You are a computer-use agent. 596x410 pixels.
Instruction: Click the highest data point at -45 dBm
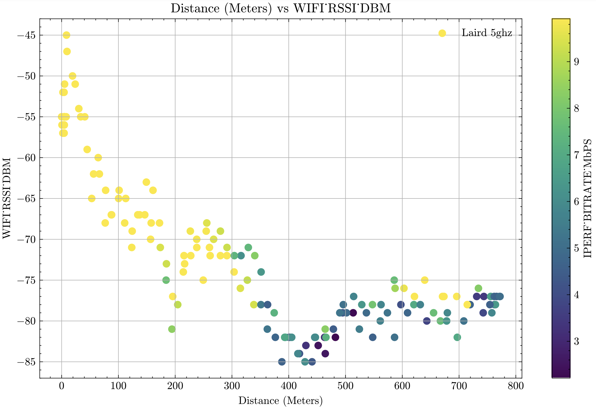tap(67, 35)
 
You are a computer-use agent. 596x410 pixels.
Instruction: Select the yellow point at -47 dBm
tap(67, 52)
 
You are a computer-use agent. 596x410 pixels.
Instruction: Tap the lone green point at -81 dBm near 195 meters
tap(172, 329)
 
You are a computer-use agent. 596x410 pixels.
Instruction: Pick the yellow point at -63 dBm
tap(146, 182)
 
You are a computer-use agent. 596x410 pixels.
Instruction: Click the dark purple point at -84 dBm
tap(325, 354)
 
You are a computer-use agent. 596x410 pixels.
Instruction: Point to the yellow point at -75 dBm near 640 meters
tap(425, 280)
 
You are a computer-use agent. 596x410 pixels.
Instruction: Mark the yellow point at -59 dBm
tap(87, 149)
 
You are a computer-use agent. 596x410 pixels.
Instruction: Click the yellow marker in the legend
tap(442, 33)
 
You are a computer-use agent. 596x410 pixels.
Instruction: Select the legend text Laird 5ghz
tap(487, 33)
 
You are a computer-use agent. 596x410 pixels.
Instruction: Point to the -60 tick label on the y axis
tap(26, 158)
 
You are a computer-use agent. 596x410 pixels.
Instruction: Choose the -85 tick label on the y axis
tap(26, 362)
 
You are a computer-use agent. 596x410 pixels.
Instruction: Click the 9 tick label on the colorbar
tap(576, 62)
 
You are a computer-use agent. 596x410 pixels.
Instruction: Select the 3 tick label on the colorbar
tap(576, 341)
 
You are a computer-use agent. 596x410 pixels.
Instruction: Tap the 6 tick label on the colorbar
tap(576, 202)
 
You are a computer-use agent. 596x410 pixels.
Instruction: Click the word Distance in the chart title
tap(195, 8)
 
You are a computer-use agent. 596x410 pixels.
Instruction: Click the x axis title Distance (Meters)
tap(280, 401)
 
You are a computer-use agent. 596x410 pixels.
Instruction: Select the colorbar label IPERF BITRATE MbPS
tap(588, 198)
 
